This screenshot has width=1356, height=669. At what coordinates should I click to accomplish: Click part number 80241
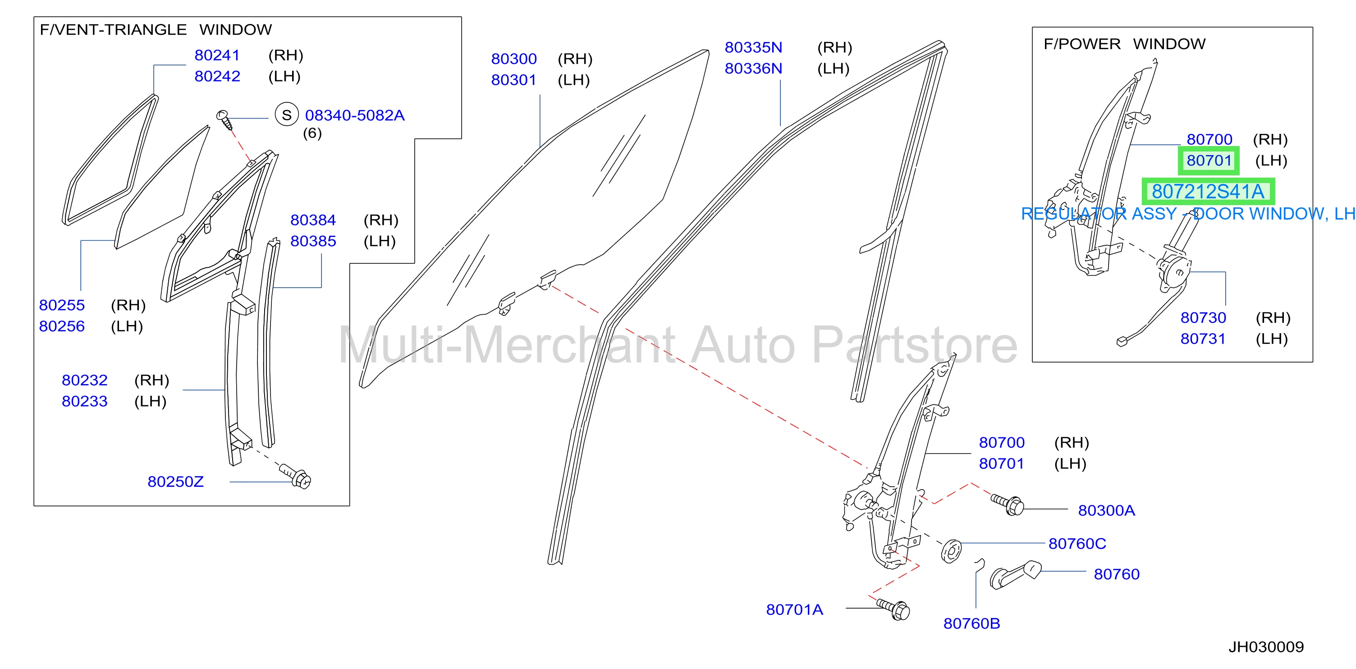tap(217, 55)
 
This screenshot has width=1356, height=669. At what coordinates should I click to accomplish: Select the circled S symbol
tap(287, 115)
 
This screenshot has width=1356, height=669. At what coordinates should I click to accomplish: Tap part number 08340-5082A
tap(355, 115)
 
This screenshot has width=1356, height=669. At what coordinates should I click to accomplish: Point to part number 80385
tap(313, 241)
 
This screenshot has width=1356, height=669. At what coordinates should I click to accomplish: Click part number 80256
tap(62, 326)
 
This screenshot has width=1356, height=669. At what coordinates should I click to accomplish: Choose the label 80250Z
tap(175, 481)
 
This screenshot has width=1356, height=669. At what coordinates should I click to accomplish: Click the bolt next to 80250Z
tap(296, 475)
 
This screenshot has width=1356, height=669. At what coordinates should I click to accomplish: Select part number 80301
tap(514, 80)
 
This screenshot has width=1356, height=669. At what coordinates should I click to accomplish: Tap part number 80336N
tap(753, 69)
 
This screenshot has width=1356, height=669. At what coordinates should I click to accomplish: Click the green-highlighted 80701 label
tap(1209, 160)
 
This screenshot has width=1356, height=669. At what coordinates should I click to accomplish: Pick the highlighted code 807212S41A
tap(1208, 192)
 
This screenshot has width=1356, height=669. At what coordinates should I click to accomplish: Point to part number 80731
tap(1203, 339)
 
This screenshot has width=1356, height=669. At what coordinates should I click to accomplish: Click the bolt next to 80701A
tap(893, 609)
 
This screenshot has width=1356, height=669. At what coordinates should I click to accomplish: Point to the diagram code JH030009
tap(1266, 647)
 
